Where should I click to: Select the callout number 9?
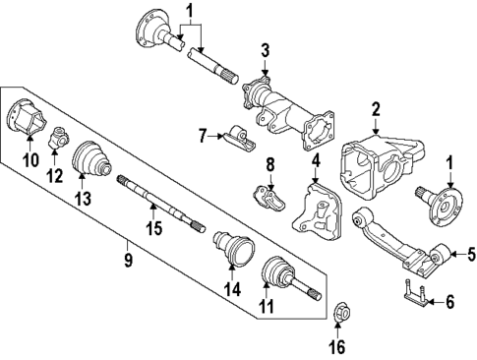point(127,262)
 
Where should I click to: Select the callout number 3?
point(265,49)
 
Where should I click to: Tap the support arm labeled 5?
point(393,241)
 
